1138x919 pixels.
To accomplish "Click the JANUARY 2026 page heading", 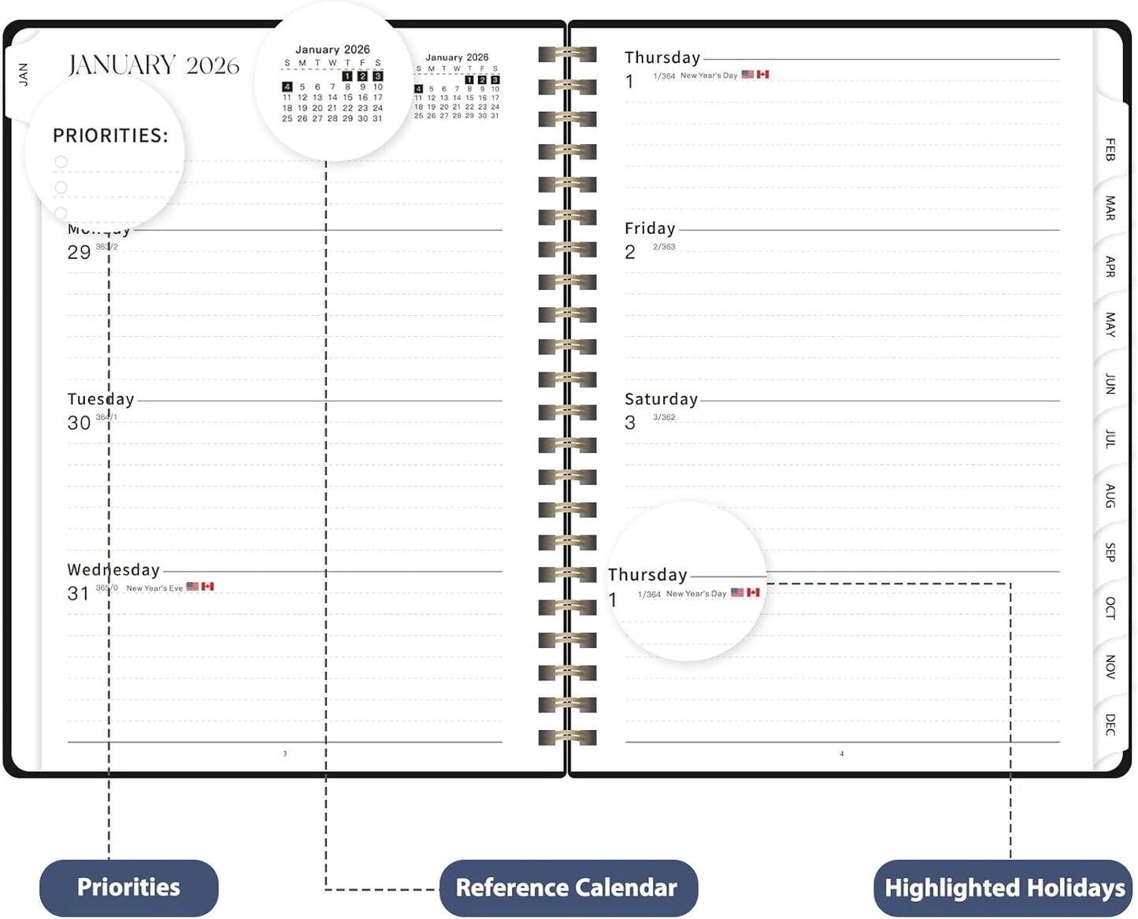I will (x=154, y=65).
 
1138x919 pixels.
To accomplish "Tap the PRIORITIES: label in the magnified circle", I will (x=110, y=136).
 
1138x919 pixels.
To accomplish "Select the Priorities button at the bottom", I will (x=128, y=888).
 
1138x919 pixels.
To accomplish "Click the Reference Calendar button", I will (x=567, y=888).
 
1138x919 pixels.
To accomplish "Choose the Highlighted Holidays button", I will (x=1004, y=888).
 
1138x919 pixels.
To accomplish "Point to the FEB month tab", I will (x=1110, y=149).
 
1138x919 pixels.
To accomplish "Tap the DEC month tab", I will (x=1110, y=724).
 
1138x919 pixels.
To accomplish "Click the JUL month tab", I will (x=1110, y=439).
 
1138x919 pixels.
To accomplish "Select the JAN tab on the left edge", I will (x=24, y=74).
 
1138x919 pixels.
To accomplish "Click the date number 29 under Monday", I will (x=79, y=253).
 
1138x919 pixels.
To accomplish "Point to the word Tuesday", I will (x=101, y=399).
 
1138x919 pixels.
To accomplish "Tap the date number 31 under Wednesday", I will (x=78, y=594).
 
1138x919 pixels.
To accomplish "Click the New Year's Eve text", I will (x=154, y=588).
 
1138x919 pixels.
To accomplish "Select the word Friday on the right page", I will (x=650, y=228).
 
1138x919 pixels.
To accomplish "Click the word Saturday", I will (x=661, y=399).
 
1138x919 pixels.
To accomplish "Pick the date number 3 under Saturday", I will (x=630, y=423).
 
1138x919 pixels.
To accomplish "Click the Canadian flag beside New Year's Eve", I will (x=208, y=587).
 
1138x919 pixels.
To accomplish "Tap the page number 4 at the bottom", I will (x=842, y=754).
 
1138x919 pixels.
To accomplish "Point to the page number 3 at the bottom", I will (x=285, y=754).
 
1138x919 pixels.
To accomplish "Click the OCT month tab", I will (x=1110, y=608).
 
